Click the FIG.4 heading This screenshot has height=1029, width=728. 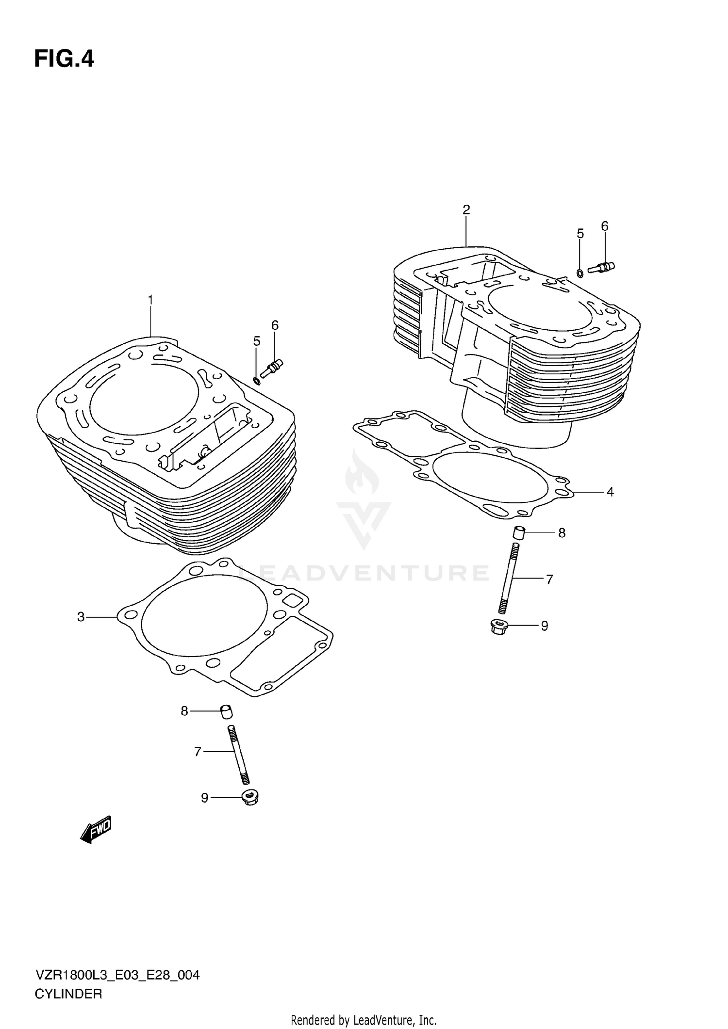click(64, 59)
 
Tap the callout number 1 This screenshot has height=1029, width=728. click(150, 300)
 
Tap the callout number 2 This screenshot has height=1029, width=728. click(466, 210)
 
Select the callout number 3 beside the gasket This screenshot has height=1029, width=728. click(81, 617)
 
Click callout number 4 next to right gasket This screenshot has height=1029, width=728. click(610, 492)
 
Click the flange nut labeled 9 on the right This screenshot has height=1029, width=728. click(499, 627)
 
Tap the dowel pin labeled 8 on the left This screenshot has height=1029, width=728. click(227, 712)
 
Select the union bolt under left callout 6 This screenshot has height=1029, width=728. click(272, 368)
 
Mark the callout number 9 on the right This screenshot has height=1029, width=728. click(545, 626)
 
